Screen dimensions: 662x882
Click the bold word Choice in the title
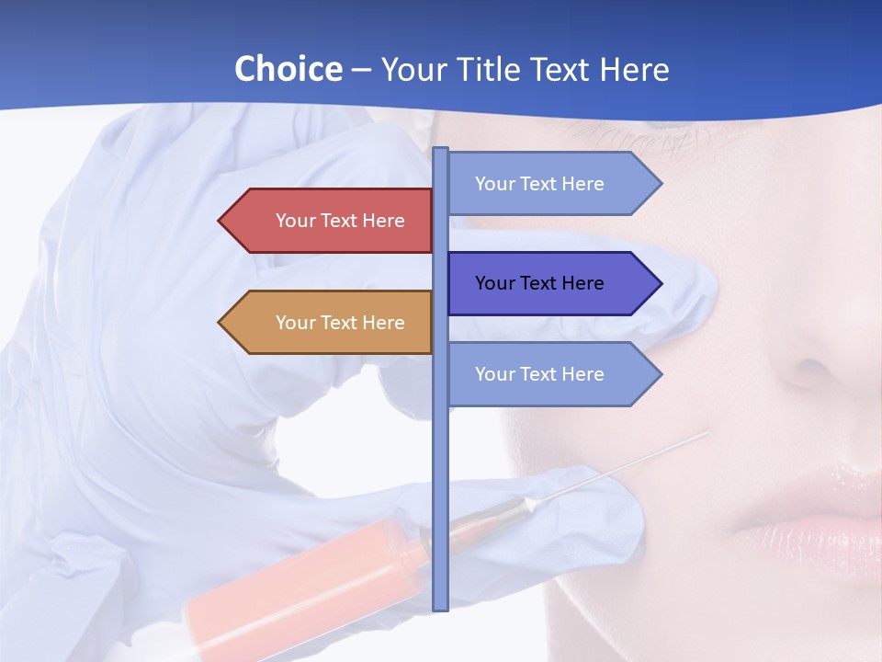pos(288,69)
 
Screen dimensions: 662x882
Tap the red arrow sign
pos(331,221)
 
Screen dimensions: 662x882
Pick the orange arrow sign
pos(331,322)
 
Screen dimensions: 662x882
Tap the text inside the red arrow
pos(340,221)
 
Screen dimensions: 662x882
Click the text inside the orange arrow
pos(340,323)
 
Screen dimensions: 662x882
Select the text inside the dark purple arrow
pos(539,283)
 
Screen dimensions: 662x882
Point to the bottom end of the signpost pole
pos(440,607)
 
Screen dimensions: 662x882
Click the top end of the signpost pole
pos(440,150)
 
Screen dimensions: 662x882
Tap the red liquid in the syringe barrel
pos(303,579)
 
